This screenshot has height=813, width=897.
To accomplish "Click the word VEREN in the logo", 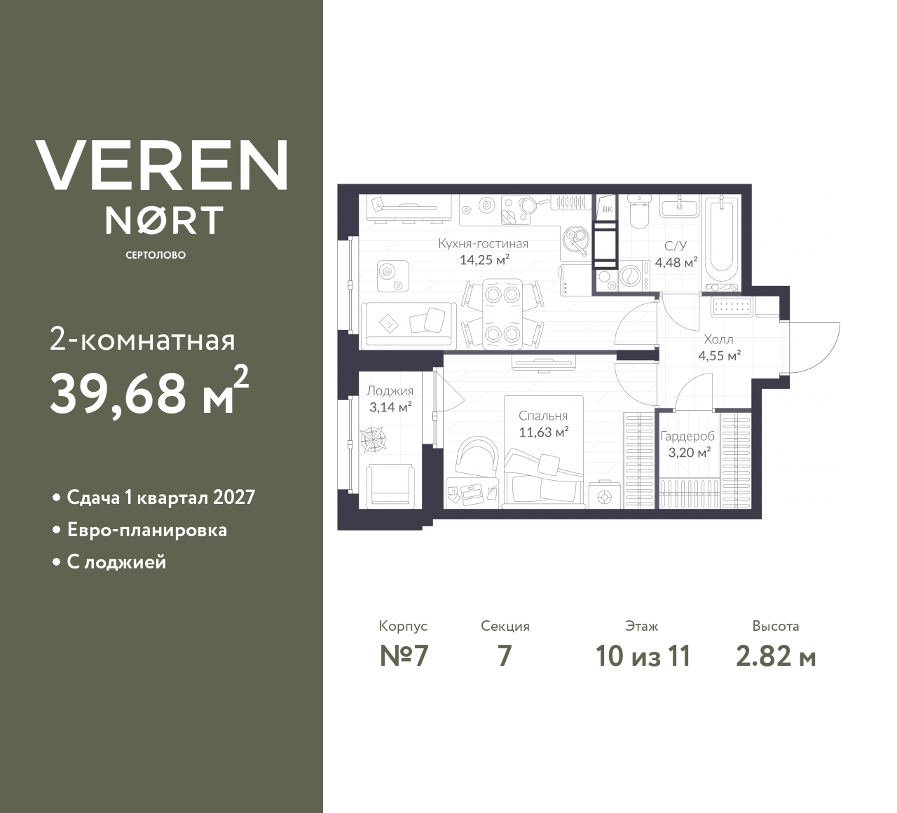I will click(x=161, y=165).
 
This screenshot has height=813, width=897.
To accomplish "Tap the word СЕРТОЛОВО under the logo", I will click(x=156, y=255).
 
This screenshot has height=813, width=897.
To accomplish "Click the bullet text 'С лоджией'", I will click(x=116, y=562).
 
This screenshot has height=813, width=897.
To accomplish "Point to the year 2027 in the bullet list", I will click(x=233, y=498).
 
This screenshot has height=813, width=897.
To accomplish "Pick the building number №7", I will click(x=404, y=656).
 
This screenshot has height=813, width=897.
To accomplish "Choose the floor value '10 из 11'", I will click(x=643, y=656).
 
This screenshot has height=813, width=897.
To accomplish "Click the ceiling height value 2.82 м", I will click(x=776, y=656).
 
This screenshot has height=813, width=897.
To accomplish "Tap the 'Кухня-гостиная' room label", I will click(x=483, y=244).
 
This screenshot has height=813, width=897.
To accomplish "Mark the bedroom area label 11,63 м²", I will click(x=543, y=432).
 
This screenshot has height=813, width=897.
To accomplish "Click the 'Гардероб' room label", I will click(x=687, y=436).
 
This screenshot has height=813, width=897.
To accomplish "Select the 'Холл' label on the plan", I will click(x=719, y=339).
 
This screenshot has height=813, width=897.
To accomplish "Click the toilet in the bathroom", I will click(x=638, y=212).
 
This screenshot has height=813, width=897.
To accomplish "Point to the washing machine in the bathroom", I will click(x=630, y=276).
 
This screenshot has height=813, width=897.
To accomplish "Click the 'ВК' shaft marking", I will click(x=607, y=209).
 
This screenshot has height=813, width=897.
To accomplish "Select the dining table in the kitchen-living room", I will click(x=502, y=313).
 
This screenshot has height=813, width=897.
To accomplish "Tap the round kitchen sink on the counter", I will click(x=577, y=240).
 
